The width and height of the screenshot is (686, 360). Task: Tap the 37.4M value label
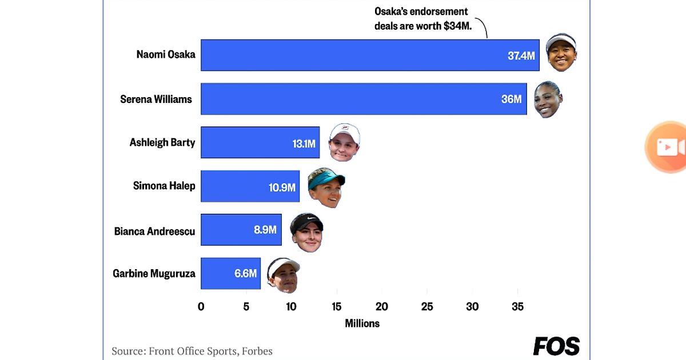point(521,55)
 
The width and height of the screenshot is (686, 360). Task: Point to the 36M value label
point(511,99)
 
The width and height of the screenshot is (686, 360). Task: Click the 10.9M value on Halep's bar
point(282,187)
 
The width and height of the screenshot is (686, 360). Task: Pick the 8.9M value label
point(265,230)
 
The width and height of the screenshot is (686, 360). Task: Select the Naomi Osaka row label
point(166,55)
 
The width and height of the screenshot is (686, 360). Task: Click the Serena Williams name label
point(156,99)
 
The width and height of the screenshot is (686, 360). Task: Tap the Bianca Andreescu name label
point(154,231)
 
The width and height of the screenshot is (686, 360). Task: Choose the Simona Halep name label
point(164,186)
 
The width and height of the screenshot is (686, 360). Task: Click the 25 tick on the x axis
point(427,306)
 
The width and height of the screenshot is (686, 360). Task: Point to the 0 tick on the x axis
point(201,306)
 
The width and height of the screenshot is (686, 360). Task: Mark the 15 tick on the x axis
point(336,306)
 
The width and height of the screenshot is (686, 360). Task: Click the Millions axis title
point(362,323)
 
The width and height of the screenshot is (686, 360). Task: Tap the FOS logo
point(556,346)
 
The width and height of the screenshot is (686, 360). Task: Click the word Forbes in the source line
point(256,351)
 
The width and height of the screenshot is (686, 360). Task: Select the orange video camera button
point(669,147)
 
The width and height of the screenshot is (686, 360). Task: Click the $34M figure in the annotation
point(457,26)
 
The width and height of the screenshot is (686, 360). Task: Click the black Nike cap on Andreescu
point(306,222)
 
